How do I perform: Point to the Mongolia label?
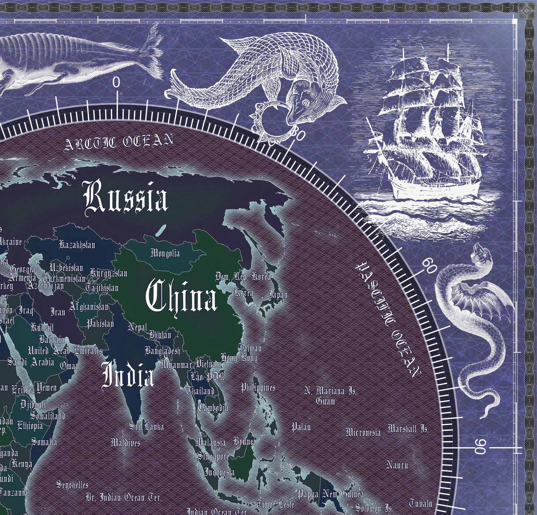pos(165,254)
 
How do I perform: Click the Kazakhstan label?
pos(77,245)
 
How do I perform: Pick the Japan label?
pos(278,294)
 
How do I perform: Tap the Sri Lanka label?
pos(146,427)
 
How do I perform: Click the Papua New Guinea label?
pos(330,495)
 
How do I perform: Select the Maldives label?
pos(125,443)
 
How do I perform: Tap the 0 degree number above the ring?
pos(116,82)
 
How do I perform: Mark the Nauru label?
pos(397,465)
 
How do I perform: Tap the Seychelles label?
pos(72,485)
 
